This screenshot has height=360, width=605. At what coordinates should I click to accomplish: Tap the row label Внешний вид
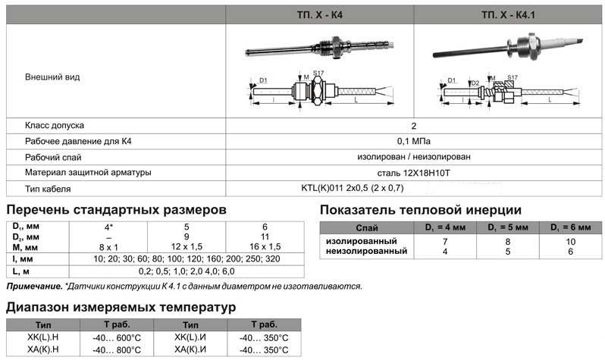pos(52,77)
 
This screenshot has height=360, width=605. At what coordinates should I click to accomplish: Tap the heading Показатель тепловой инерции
pos(420,210)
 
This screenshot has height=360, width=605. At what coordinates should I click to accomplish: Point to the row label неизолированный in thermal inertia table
pos(362,251)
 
